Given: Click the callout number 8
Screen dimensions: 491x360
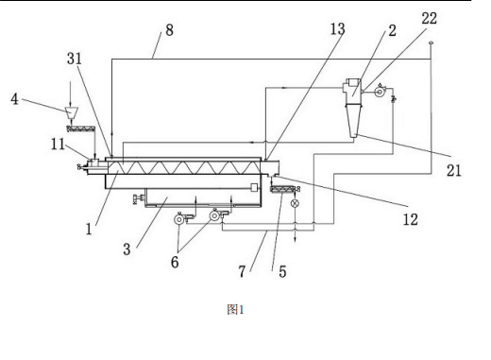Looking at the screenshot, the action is tap(169, 30).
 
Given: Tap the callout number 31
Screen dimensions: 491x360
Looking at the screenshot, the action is tap(75, 59).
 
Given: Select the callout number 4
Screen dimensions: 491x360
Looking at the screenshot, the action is tap(14, 99).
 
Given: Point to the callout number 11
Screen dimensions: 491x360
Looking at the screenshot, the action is tap(58, 145).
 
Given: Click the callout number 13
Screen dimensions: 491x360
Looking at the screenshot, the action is tap(337, 29).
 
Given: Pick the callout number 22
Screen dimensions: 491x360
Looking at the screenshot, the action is tap(430, 18).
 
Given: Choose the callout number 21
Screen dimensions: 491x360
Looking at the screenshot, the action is tap(454, 170).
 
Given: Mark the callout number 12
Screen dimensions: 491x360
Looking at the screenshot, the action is tap(411, 219).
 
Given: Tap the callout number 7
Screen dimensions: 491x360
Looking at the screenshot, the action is tap(242, 271).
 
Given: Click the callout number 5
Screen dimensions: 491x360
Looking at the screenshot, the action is tap(282, 271).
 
